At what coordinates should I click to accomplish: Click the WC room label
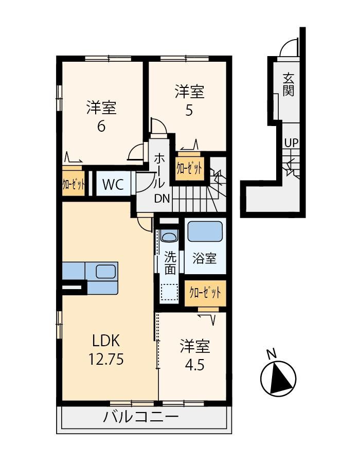(113, 185)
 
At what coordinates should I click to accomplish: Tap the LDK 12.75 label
(106, 350)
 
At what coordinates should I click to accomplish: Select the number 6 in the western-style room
(101, 127)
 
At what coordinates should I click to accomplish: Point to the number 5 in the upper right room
(189, 111)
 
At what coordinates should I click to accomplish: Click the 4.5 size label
(195, 365)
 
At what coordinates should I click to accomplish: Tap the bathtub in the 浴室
(205, 231)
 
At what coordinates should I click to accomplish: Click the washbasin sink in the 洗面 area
(169, 237)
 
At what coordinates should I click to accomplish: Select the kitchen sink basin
(105, 271)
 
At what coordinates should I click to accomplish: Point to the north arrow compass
(278, 379)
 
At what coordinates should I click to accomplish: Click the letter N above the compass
(271, 353)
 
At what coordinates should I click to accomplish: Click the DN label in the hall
(163, 199)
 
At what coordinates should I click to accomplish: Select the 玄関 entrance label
(289, 85)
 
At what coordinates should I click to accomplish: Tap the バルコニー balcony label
(141, 417)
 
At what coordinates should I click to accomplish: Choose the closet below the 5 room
(189, 169)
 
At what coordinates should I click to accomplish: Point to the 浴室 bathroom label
(205, 258)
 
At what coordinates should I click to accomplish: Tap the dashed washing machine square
(169, 292)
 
